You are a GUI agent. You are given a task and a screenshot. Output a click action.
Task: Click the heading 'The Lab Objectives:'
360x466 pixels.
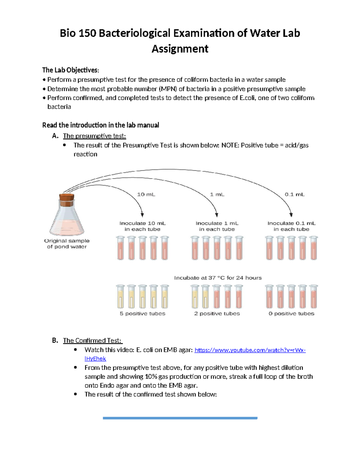coord(70,70)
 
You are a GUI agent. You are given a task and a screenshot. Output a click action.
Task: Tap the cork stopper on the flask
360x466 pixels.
coord(67,198)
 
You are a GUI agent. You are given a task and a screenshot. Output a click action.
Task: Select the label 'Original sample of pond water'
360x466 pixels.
coord(67,244)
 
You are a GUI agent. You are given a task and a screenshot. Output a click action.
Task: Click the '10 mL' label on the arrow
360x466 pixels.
coord(146,194)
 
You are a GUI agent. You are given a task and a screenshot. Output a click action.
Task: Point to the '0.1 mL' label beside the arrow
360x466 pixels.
coord(294,194)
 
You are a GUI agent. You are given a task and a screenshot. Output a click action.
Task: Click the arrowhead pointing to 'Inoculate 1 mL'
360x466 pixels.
coord(217,215)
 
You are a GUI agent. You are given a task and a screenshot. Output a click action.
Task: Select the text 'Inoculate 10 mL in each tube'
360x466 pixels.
coord(142,226)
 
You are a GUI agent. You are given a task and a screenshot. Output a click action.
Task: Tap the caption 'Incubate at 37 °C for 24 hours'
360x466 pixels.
coord(218,278)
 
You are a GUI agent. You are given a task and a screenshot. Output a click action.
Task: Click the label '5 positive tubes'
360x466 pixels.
coord(142,314)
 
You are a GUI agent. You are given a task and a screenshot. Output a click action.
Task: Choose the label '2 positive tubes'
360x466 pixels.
coord(217,314)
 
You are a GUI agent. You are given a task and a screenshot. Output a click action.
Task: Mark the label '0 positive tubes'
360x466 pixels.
coord(291,314)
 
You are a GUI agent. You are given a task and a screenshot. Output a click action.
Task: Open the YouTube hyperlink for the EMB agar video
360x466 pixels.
coord(250,350)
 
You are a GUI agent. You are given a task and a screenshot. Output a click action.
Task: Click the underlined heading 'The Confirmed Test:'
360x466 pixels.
coord(92,341)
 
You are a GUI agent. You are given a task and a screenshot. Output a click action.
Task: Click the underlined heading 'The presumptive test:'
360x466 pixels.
coord(94,136)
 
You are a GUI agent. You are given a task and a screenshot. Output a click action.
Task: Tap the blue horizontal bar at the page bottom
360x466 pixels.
coord(180,418)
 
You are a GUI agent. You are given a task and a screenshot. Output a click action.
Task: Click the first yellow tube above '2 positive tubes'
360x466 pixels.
coord(195,297)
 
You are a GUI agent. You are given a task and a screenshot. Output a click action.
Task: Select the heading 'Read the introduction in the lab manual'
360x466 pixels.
coord(100,125)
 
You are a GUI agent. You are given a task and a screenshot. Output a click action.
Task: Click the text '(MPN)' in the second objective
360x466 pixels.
coord(168,89)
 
